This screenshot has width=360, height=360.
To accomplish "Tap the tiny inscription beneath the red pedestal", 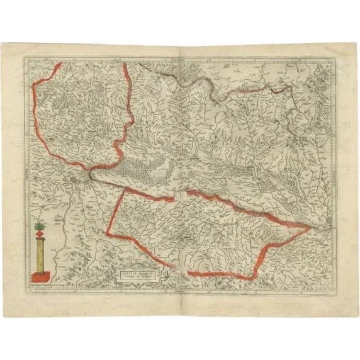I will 44,285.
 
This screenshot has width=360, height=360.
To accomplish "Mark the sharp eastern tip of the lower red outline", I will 309,229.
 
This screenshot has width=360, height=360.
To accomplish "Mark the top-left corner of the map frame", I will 25,57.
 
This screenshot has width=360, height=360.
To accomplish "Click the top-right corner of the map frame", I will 334,58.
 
